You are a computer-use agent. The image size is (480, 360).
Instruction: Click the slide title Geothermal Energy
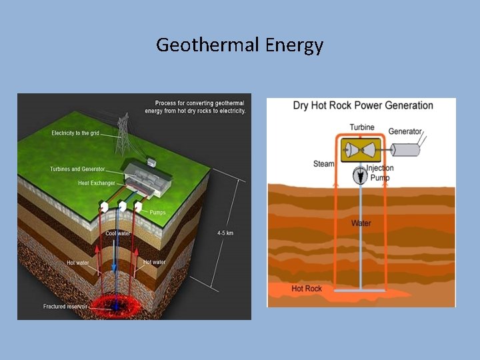(239, 45)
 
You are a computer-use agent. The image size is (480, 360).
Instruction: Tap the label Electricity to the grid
(75, 133)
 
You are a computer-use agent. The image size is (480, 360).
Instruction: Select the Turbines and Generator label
(77, 169)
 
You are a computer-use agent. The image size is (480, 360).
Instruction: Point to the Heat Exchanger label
(97, 183)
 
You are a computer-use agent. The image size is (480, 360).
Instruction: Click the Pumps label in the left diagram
(158, 213)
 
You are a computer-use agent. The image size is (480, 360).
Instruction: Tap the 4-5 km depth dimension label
(225, 233)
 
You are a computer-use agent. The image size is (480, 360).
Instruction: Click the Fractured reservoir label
(64, 307)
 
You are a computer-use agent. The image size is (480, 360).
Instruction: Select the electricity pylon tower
(123, 133)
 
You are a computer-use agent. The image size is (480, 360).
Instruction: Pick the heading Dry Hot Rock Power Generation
(363, 105)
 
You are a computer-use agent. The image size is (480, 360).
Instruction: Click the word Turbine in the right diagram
(361, 127)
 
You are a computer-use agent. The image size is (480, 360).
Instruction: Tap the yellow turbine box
(361, 151)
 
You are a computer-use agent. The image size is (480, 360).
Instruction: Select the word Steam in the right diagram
(323, 164)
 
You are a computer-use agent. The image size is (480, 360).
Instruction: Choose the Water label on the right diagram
(361, 223)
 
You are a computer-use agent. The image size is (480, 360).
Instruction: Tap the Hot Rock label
(307, 289)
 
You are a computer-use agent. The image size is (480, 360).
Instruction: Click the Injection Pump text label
(380, 173)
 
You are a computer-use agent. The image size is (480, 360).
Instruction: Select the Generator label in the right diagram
(405, 131)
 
